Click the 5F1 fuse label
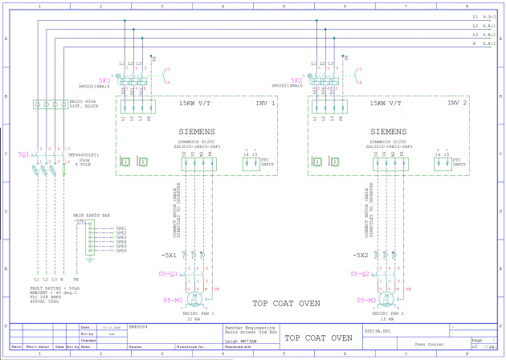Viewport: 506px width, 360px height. click(x=104, y=81)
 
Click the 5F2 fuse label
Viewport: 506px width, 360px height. click(x=296, y=81)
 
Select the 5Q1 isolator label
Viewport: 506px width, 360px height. click(x=23, y=153)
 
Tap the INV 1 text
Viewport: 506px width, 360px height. click(x=265, y=104)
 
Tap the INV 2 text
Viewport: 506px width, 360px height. click(x=457, y=104)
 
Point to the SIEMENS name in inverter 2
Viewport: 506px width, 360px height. click(x=388, y=132)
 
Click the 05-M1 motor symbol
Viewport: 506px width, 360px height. click(x=195, y=300)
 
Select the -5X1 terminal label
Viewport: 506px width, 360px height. click(x=168, y=256)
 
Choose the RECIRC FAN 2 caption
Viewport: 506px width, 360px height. click(x=388, y=313)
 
